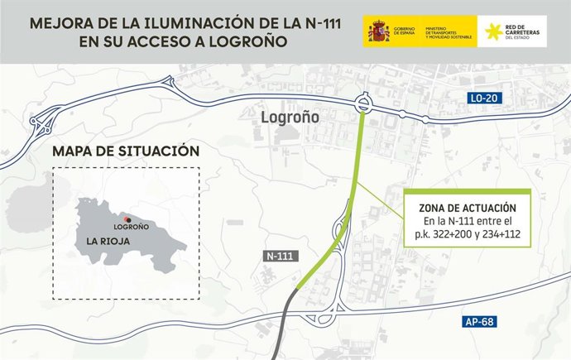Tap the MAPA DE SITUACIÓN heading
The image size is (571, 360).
(125, 152)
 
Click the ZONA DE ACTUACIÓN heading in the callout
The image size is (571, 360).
(462, 208)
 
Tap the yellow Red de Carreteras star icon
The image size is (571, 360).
(500, 31)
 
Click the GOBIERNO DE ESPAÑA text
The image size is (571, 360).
(405, 32)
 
